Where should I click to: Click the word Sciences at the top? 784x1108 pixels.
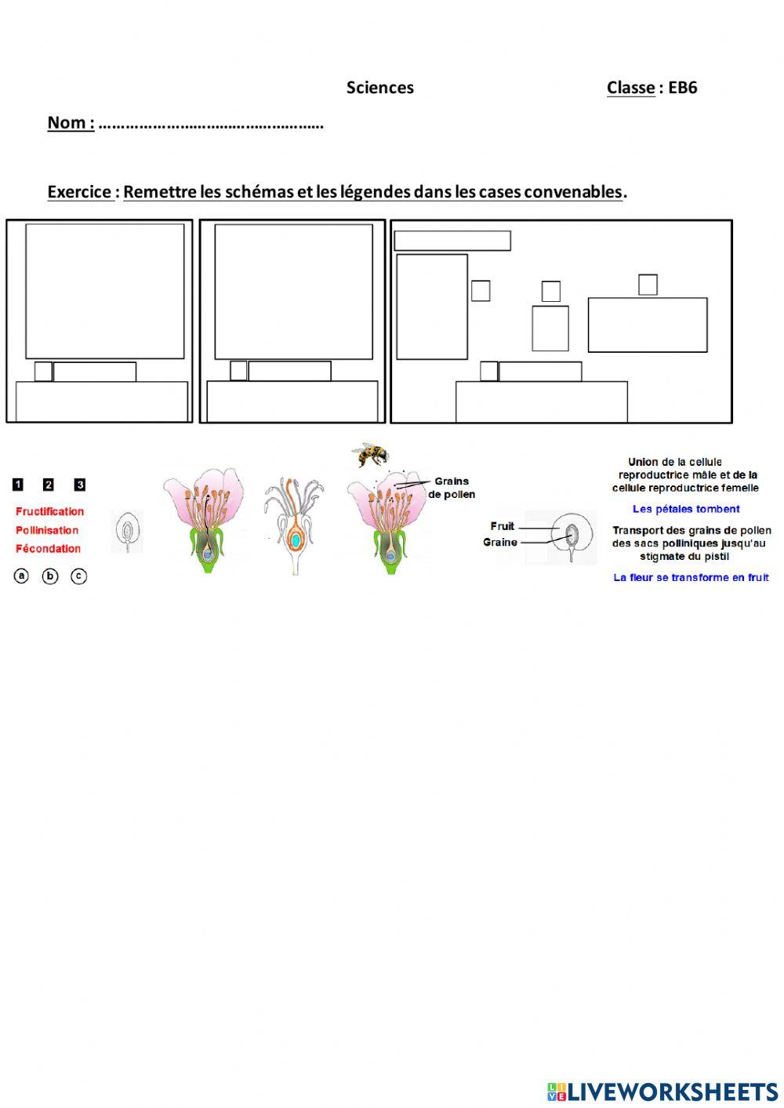tap(380, 88)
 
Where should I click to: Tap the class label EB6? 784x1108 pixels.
tap(682, 88)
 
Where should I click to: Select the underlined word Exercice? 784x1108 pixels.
tap(79, 192)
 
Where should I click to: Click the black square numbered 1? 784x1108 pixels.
tap(18, 485)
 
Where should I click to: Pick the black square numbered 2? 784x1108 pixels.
tap(49, 485)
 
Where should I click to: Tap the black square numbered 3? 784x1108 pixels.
tap(79, 485)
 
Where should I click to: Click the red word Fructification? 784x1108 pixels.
tap(49, 511)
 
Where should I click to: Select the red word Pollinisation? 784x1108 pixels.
tap(47, 530)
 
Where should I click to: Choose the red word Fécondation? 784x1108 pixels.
tap(48, 549)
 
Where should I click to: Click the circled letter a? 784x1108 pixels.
tap(22, 576)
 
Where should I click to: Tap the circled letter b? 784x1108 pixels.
tap(50, 576)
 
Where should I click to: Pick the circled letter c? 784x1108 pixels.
tap(78, 576)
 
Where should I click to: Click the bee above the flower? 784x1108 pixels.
tap(370, 454)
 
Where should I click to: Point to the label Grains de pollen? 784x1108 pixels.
tap(452, 488)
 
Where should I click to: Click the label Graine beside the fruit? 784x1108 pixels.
tap(500, 543)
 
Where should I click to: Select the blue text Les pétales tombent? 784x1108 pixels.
tap(686, 509)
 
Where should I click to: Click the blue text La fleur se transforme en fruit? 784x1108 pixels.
tap(691, 578)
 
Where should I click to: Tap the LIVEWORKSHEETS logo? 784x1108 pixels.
tap(662, 1092)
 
